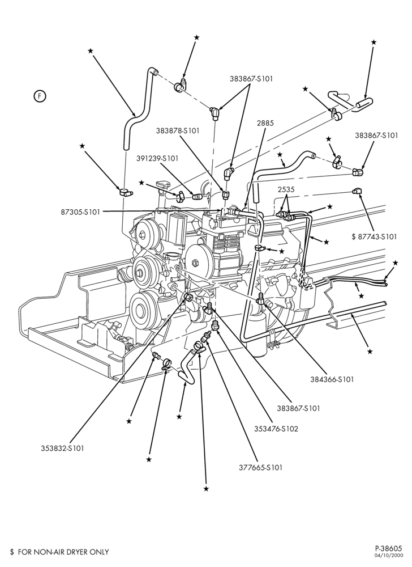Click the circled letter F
(x=40, y=96)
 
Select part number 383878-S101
(x=178, y=130)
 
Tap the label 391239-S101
(x=157, y=158)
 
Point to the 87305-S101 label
(x=80, y=212)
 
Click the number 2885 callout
(x=265, y=123)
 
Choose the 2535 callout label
(x=286, y=189)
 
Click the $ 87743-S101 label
(x=374, y=236)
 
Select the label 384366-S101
(x=332, y=379)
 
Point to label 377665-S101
(x=260, y=467)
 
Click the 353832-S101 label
(x=62, y=448)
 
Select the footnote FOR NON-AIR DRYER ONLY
(x=63, y=552)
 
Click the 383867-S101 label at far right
(x=376, y=136)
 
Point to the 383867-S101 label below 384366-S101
(x=298, y=408)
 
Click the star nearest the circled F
(x=91, y=51)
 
